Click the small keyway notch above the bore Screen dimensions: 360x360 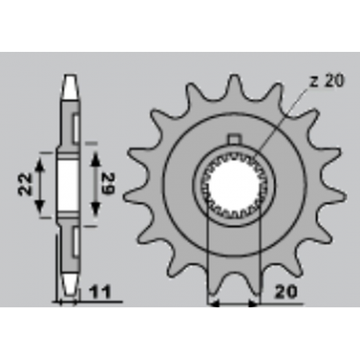click(233, 141)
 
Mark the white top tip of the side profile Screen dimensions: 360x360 click(69, 81)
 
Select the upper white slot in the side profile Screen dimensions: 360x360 click(75, 125)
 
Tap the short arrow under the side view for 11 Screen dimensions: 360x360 click(69, 300)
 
